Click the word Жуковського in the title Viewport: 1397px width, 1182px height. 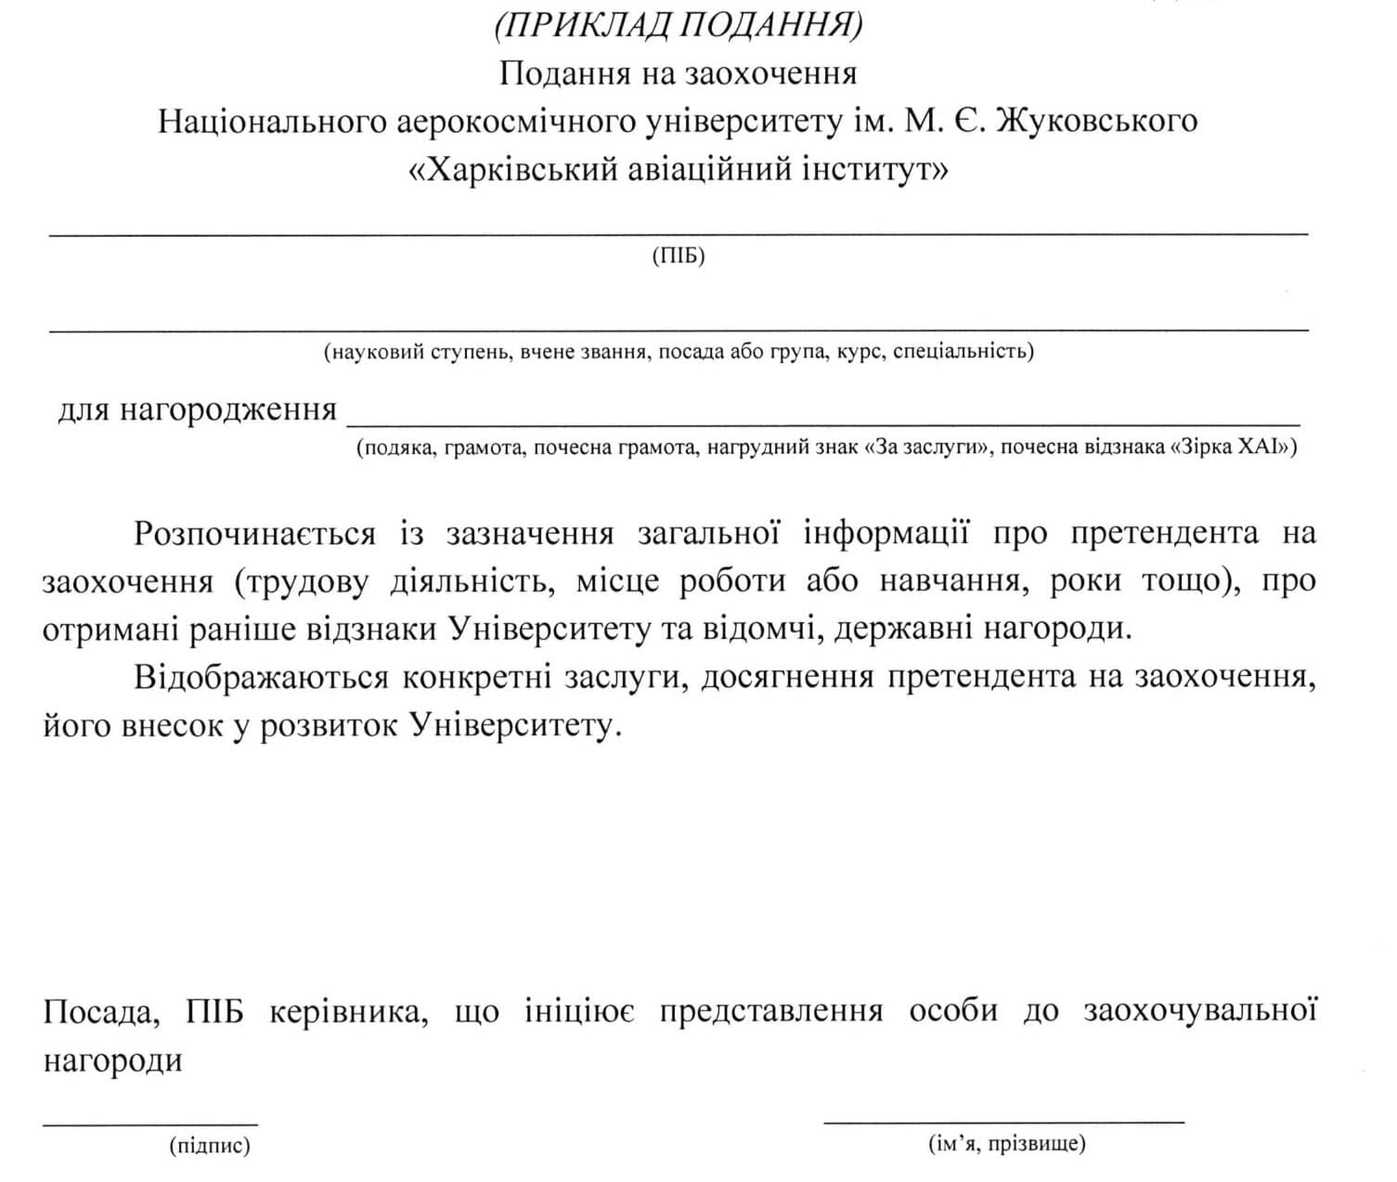click(1096, 121)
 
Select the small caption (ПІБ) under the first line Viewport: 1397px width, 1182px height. click(679, 256)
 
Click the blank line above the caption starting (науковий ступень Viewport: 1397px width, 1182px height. click(679, 329)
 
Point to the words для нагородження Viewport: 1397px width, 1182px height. click(197, 409)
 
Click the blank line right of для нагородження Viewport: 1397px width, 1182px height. click(822, 422)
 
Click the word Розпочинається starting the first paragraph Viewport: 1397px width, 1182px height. click(254, 534)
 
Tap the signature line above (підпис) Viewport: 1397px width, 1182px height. click(150, 1123)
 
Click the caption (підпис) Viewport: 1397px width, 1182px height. click(210, 1146)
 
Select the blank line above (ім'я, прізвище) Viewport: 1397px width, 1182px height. click(1003, 1122)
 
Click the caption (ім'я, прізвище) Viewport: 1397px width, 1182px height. click(1006, 1143)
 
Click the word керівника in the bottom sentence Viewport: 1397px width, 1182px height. click(348, 1011)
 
